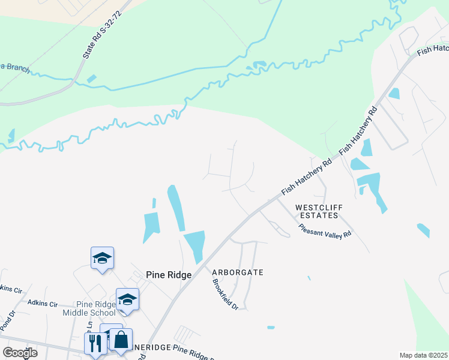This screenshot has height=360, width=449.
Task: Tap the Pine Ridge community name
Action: coord(169,274)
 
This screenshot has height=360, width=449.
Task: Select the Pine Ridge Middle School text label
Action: coord(89,308)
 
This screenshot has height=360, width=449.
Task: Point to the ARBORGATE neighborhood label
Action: coord(238,272)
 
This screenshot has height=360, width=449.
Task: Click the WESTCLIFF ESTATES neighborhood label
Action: coord(319,211)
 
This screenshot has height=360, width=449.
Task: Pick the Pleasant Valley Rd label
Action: coord(325,231)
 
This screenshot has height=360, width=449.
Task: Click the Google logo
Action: coord(20,353)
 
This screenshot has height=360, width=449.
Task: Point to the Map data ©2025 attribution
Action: coord(423,355)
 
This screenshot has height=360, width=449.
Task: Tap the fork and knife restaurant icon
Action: coord(95,344)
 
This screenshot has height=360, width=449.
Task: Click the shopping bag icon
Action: coord(121,339)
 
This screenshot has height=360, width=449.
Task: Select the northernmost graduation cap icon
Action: coord(102,259)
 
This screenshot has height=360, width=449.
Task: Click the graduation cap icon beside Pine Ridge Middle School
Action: coord(127,299)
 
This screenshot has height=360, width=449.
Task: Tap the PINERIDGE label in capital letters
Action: coord(152,347)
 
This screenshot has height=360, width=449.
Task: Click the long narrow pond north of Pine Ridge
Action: coord(175,207)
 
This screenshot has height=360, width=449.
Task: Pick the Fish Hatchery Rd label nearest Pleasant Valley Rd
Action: coord(307,178)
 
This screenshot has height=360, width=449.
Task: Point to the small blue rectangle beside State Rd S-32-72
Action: coord(91,79)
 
